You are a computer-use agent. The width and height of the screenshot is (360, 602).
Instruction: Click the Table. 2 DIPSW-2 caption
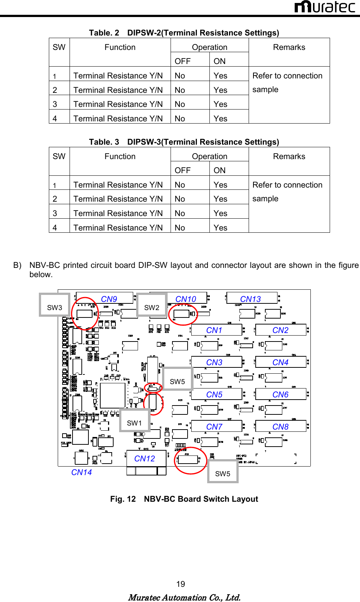[184, 33]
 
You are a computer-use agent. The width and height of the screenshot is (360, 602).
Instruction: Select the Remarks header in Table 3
[289, 157]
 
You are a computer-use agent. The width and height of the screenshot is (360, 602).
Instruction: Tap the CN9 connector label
[109, 299]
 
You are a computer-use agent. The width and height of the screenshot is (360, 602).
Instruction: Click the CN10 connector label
[186, 299]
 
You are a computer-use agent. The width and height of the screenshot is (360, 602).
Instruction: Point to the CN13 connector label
[250, 299]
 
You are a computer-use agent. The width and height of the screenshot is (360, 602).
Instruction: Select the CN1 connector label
[214, 330]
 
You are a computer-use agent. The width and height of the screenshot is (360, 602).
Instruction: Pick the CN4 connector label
[280, 362]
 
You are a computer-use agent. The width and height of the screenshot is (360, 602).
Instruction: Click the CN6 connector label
[280, 394]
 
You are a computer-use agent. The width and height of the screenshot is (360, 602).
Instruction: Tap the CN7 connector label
[214, 427]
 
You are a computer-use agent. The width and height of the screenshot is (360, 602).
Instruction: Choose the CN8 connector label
[280, 427]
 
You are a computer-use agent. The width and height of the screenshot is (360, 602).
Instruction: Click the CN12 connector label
[145, 458]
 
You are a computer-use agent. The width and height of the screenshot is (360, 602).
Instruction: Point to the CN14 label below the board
[81, 472]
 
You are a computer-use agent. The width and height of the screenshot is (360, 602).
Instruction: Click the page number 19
[181, 584]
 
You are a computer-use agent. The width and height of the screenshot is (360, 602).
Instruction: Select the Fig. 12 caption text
[184, 499]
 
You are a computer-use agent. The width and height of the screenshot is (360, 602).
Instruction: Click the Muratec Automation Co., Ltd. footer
[184, 597]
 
